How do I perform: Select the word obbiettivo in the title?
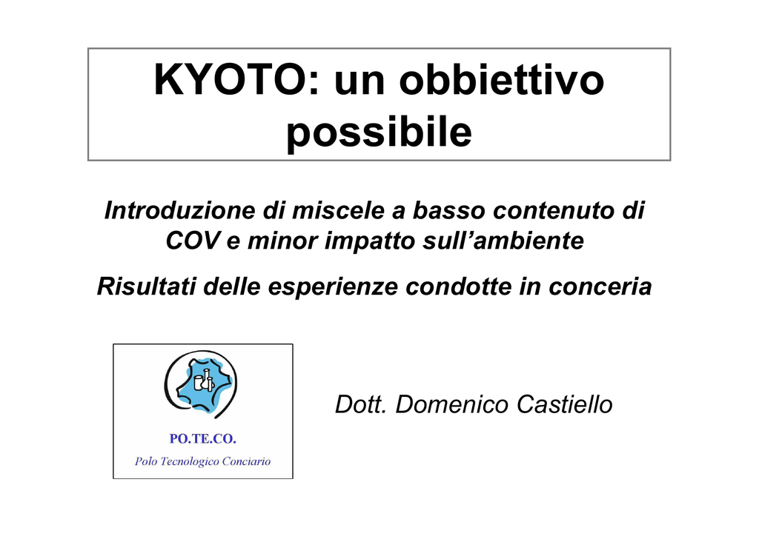(x=502, y=79)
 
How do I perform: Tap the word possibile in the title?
(x=379, y=133)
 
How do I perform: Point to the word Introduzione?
(x=179, y=211)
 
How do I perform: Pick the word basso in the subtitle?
(x=448, y=211)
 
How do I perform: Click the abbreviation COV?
(x=193, y=241)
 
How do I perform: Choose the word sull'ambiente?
(x=503, y=241)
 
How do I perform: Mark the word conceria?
(x=600, y=287)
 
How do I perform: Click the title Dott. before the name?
(x=361, y=404)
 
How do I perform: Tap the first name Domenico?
(x=451, y=404)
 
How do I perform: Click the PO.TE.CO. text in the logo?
(x=203, y=439)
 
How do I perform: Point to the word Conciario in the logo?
(x=246, y=461)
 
